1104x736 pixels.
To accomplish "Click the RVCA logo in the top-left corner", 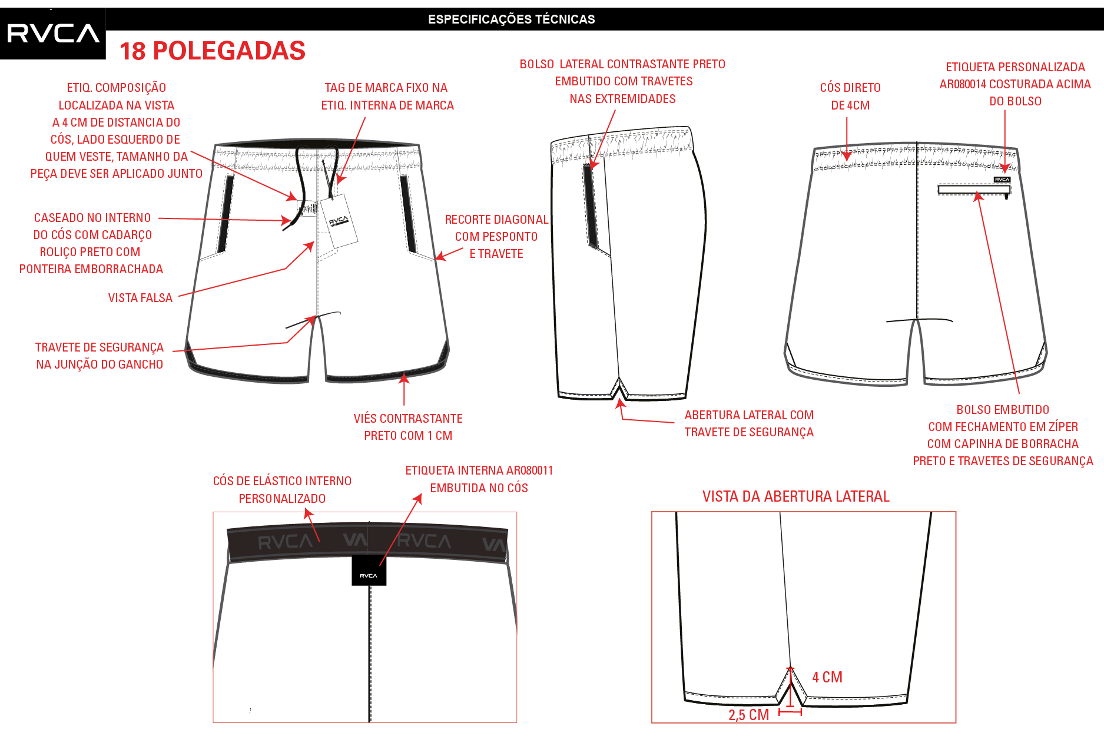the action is click(x=53, y=34).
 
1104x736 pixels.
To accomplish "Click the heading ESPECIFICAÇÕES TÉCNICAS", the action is click(x=511, y=19).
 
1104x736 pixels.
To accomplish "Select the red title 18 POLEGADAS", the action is click(x=213, y=51).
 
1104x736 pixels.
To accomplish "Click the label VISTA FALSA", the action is click(x=140, y=298).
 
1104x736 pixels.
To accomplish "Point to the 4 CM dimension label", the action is click(x=827, y=677).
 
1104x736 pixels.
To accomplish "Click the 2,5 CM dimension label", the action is click(x=748, y=715).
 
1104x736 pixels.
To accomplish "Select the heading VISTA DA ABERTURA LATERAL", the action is click(x=795, y=496).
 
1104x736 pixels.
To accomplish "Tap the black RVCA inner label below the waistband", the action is click(x=369, y=571).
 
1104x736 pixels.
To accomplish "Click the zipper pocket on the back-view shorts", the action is click(x=974, y=190).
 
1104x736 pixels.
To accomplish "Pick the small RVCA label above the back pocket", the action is click(x=1002, y=180).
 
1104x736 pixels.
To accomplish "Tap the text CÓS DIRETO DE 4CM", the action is click(x=850, y=97).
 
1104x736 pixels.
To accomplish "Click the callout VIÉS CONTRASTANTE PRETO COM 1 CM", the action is click(x=408, y=427).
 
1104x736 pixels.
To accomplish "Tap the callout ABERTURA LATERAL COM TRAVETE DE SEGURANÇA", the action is click(x=749, y=423).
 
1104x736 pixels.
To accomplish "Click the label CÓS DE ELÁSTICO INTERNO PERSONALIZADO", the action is click(x=282, y=490).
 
